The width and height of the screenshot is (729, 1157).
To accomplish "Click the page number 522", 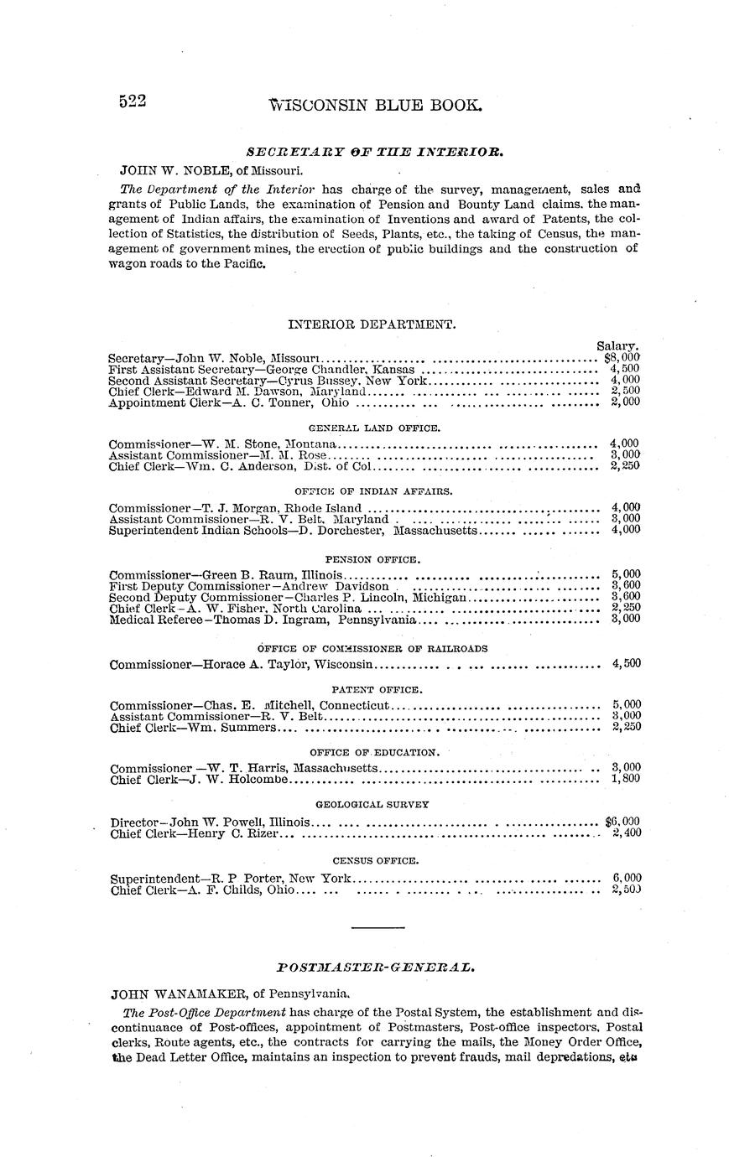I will pyautogui.click(x=133, y=102).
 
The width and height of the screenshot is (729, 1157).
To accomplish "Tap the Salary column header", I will pyautogui.click(x=618, y=345).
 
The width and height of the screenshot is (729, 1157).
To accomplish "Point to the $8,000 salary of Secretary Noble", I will pyautogui.click(x=622, y=357).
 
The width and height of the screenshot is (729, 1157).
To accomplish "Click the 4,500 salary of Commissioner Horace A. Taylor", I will pyautogui.click(x=627, y=663).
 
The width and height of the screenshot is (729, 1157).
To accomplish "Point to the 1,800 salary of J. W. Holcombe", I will pyautogui.click(x=627, y=780).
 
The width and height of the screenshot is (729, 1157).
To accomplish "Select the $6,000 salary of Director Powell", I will pyautogui.click(x=622, y=822).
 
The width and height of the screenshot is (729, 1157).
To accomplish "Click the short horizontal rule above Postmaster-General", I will pyautogui.click(x=378, y=927).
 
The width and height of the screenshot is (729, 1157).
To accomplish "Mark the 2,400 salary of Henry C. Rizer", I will pyautogui.click(x=627, y=833).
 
